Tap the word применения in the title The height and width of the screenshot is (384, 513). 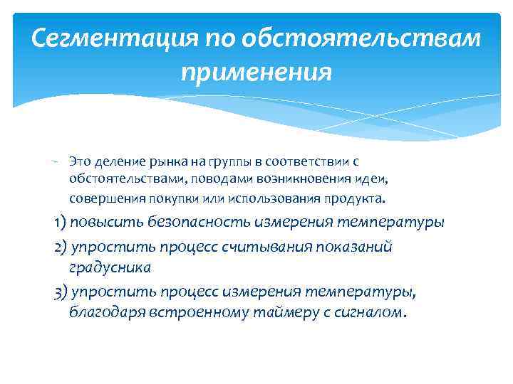256,72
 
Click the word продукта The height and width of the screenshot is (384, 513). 356,197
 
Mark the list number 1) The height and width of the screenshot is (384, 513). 61,222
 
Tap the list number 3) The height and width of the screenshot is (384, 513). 61,292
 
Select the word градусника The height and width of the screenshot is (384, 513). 110,268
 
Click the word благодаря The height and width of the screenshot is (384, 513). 106,314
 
